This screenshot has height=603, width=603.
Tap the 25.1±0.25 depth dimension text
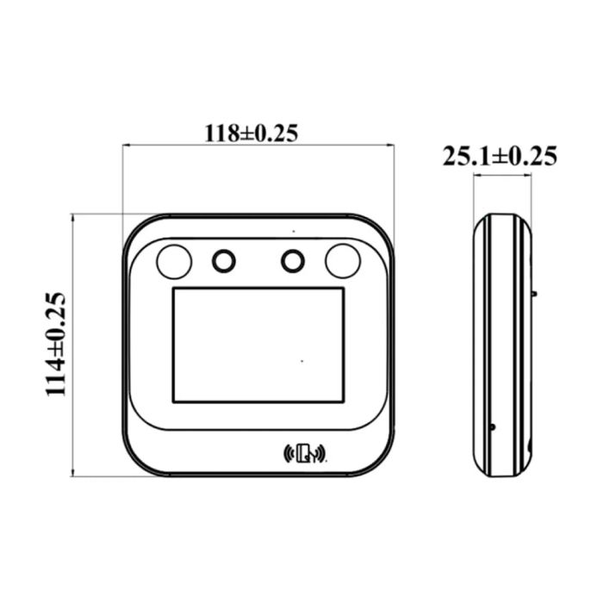click(500, 156)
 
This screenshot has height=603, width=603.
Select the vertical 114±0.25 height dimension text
click(57, 344)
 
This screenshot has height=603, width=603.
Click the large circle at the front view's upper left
click(173, 260)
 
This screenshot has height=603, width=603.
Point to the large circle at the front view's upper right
click(342, 260)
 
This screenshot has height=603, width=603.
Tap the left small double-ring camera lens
click(224, 259)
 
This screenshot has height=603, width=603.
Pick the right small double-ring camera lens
click(292, 259)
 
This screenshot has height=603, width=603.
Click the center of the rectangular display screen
click(258, 345)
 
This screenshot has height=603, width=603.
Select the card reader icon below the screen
click(305, 453)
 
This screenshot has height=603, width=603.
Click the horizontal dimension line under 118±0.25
click(258, 146)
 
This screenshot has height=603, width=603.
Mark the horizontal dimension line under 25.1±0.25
click(502, 176)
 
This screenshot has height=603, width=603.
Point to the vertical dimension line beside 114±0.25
click(73, 345)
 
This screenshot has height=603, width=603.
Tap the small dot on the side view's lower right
click(493, 426)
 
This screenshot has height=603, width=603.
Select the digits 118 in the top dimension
click(220, 134)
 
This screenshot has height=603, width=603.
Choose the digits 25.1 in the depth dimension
click(465, 156)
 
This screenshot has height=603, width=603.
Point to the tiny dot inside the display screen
click(301, 360)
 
